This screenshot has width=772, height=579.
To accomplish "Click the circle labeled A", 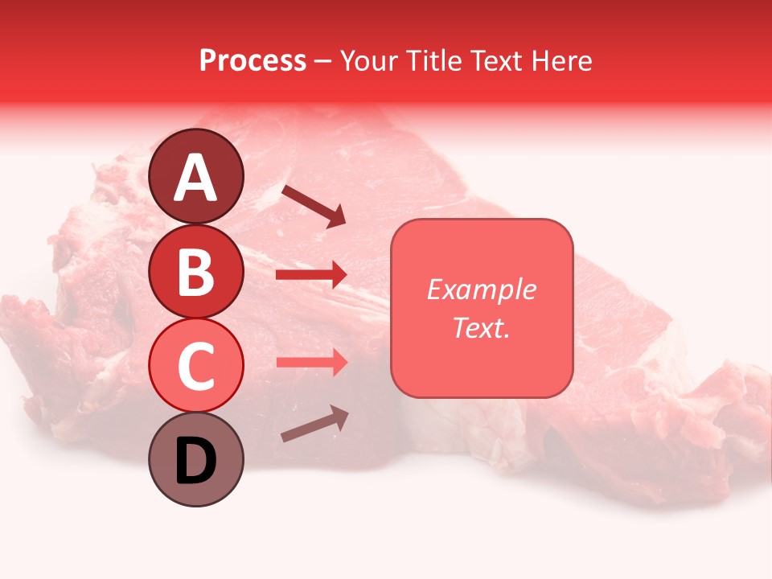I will pyautogui.click(x=196, y=176).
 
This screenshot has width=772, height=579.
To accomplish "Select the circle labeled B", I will pyautogui.click(x=196, y=271).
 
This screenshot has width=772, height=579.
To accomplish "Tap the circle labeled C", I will pyautogui.click(x=196, y=366).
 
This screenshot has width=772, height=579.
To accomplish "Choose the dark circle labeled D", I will pyautogui.click(x=196, y=460).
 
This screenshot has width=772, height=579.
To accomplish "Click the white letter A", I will pyautogui.click(x=196, y=178).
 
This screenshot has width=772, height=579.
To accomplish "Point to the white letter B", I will pyautogui.click(x=196, y=272).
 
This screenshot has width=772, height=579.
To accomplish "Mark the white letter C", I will pyautogui.click(x=196, y=367).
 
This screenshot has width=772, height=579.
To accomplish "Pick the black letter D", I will pyautogui.click(x=196, y=461).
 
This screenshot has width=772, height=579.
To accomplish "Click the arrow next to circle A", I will pyautogui.click(x=313, y=206).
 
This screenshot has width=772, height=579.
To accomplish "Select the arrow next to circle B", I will pyautogui.click(x=311, y=275).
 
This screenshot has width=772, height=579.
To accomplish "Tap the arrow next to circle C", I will pyautogui.click(x=311, y=362).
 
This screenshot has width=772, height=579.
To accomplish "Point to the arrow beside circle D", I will pyautogui.click(x=314, y=424).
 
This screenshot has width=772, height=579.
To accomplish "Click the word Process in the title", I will pyautogui.click(x=253, y=61).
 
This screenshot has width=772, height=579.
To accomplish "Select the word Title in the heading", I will pyautogui.click(x=434, y=61).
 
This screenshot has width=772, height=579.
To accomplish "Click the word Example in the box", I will pyautogui.click(x=481, y=289).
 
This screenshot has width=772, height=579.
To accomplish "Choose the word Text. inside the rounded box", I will pyautogui.click(x=481, y=327).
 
